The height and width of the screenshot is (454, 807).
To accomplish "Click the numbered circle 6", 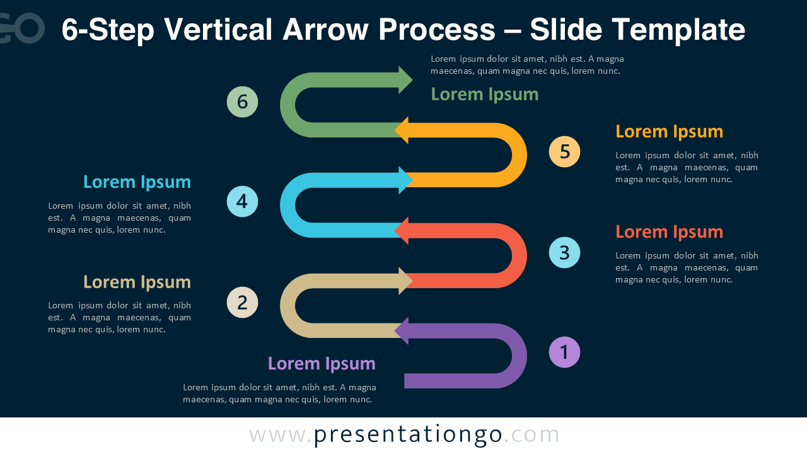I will pyautogui.click(x=243, y=102).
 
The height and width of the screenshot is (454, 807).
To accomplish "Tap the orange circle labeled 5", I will pyautogui.click(x=564, y=151).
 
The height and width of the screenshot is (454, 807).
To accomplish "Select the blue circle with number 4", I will pyautogui.click(x=243, y=202).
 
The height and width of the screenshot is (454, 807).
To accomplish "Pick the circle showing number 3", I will pyautogui.click(x=564, y=252).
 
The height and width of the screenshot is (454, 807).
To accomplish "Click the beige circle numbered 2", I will pyautogui.click(x=243, y=302).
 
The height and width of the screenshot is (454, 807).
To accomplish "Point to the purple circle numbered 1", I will pyautogui.click(x=564, y=352).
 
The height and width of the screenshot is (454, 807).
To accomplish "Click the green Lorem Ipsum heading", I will pyautogui.click(x=484, y=95).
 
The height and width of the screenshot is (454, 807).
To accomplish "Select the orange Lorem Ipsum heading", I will pyautogui.click(x=669, y=132).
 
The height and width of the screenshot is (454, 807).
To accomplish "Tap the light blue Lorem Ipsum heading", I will pyautogui.click(x=137, y=182).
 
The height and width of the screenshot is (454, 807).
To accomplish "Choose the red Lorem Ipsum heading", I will pyautogui.click(x=669, y=232).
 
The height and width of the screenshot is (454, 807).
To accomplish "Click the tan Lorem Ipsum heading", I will pyautogui.click(x=137, y=282).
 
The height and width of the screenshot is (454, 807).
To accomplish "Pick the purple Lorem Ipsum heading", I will pyautogui.click(x=322, y=364).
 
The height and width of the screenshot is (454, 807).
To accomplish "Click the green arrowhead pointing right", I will pyautogui.click(x=405, y=80).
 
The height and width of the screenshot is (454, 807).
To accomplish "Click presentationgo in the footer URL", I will pyautogui.click(x=408, y=435).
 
